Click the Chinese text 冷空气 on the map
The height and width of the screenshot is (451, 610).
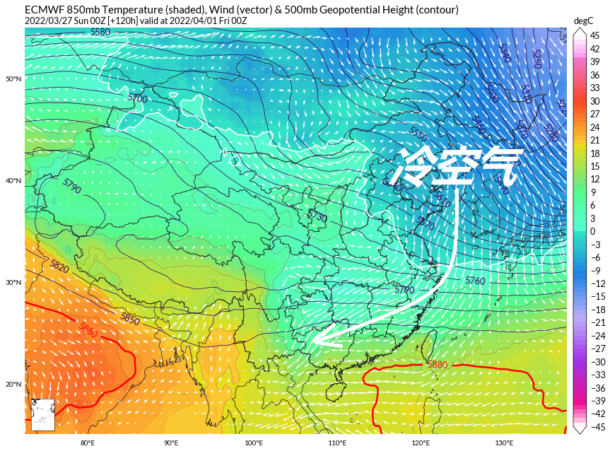[458, 167]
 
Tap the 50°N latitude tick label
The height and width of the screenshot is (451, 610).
[13, 78]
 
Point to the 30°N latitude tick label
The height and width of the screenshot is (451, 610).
[13, 282]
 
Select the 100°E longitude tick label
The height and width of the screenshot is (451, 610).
[254, 443]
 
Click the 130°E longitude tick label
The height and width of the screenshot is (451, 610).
[504, 443]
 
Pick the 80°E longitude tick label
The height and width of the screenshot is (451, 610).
[88, 443]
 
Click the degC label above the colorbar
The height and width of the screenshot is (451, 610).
[583, 21]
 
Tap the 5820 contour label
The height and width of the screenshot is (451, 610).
[59, 266]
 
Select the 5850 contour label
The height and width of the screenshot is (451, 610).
[130, 319]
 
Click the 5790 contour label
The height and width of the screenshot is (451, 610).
[71, 186]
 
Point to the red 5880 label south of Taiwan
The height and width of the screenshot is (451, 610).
[438, 365]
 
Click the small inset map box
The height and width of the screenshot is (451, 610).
[43, 414]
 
